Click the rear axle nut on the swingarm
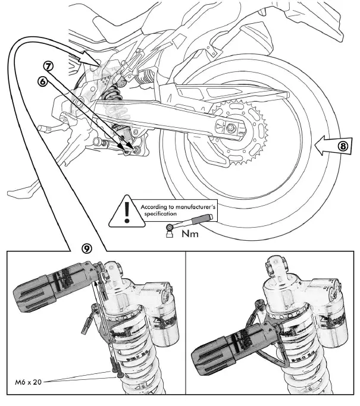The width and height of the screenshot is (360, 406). (230, 127)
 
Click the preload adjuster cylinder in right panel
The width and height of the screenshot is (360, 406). (226, 344)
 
